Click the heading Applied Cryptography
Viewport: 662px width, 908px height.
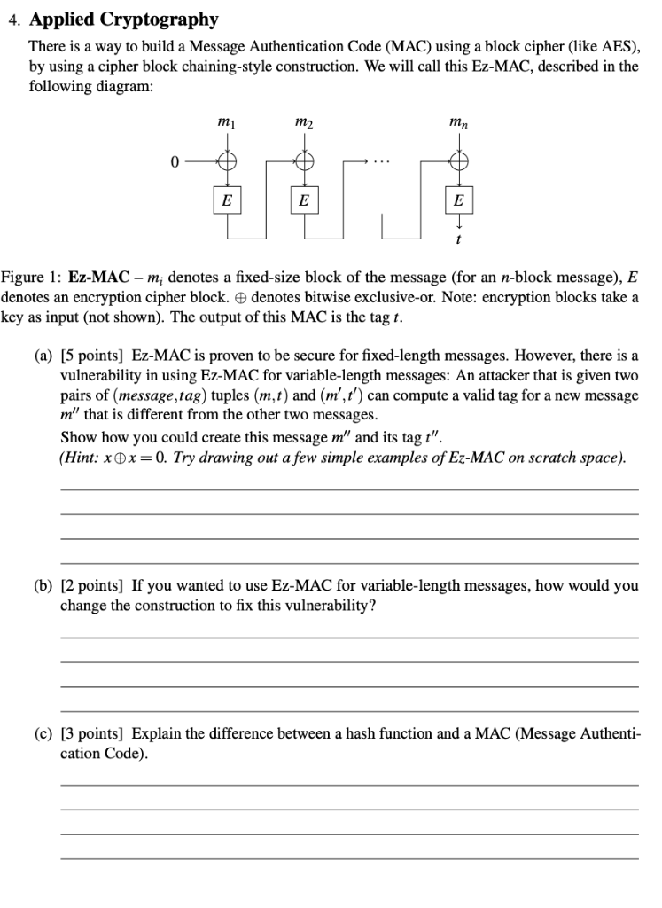click(x=123, y=19)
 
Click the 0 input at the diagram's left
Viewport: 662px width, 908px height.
click(x=175, y=162)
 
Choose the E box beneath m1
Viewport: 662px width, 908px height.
click(x=228, y=200)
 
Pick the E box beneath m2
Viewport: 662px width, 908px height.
click(x=304, y=200)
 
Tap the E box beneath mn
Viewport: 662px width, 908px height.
click(x=457, y=200)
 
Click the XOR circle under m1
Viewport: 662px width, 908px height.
click(x=228, y=162)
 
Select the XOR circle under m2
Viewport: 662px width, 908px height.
click(x=304, y=162)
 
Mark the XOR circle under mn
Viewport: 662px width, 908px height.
click(x=457, y=162)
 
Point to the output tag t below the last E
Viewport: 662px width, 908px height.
click(x=457, y=238)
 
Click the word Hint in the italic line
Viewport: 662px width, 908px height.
click(x=78, y=458)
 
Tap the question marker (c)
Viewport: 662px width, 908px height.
click(x=43, y=734)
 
